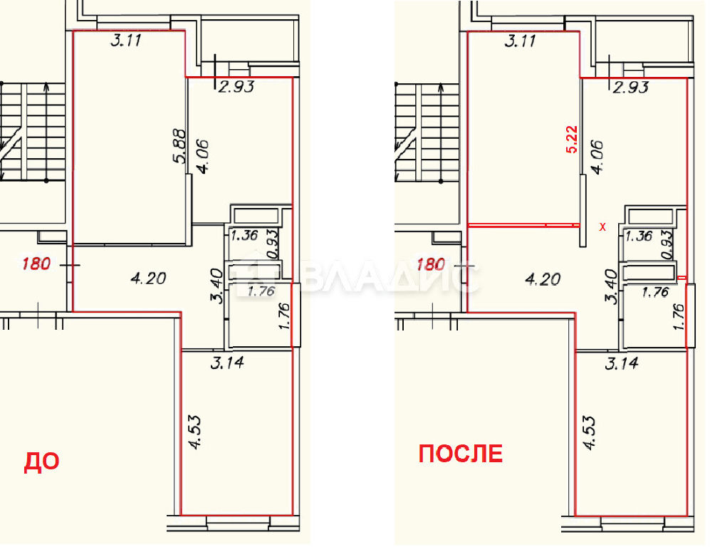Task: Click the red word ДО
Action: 41,462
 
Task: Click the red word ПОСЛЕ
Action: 461,454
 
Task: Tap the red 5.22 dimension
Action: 572,140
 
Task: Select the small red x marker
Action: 602,227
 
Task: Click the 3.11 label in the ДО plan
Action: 126,41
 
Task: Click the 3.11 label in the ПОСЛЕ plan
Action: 520,41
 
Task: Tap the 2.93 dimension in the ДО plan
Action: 236,86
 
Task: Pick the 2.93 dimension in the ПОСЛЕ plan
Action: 630,86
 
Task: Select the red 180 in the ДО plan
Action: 37,264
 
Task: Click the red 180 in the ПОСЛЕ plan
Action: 430,264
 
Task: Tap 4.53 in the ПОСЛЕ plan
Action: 590,433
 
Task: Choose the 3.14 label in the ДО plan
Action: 227,363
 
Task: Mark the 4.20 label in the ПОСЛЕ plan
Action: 543,279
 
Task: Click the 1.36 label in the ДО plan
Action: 244,236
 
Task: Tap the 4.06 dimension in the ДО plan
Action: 202,156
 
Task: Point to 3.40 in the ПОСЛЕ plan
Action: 612,286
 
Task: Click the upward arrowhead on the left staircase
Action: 47,86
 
